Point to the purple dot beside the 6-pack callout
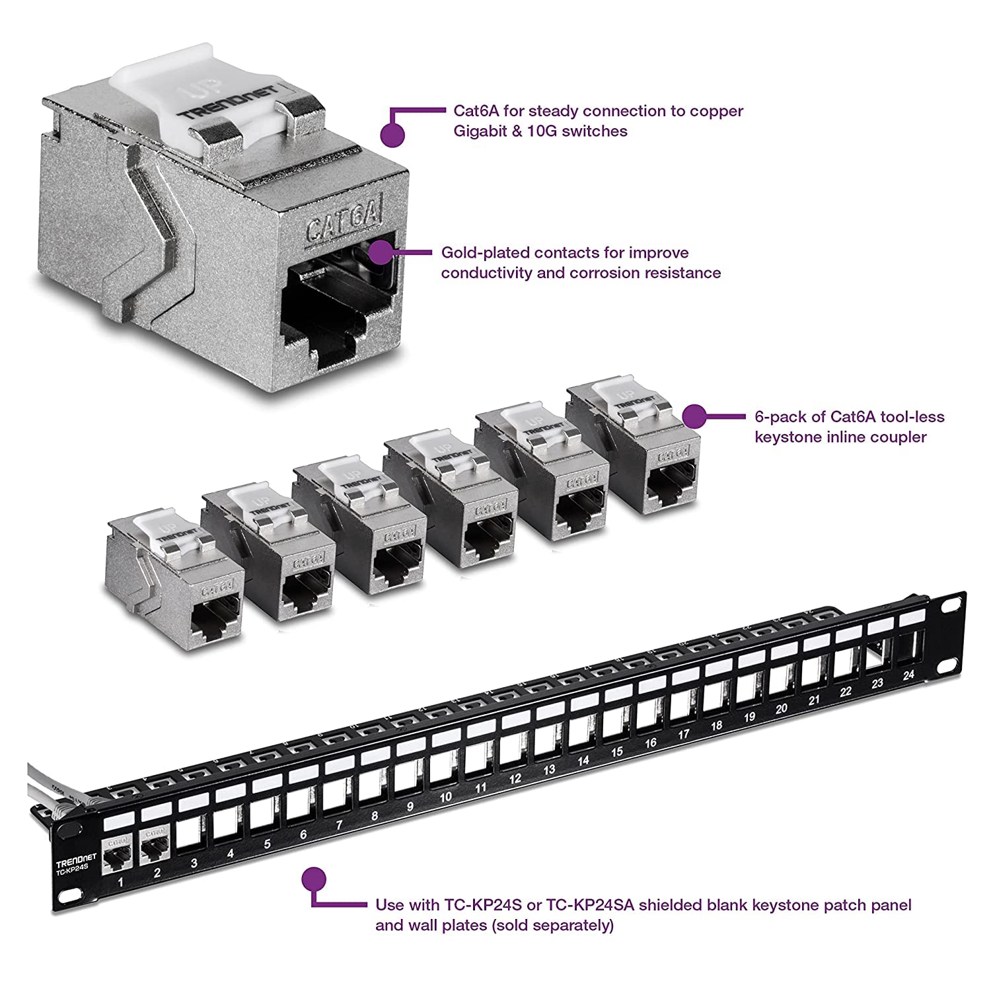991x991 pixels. click(693, 417)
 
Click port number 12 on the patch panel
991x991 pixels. click(515, 779)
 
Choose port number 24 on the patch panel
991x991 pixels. click(908, 675)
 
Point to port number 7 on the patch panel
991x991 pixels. click(339, 825)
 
